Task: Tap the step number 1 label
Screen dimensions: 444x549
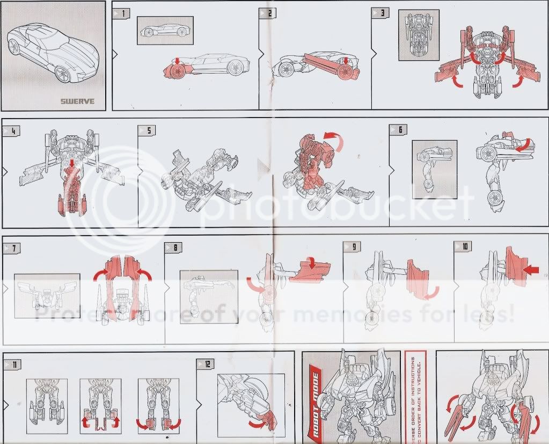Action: (x=122, y=12)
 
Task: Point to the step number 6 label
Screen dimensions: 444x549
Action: (x=399, y=129)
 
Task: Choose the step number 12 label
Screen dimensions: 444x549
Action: (x=207, y=363)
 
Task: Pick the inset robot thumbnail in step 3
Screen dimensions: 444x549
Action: (x=419, y=34)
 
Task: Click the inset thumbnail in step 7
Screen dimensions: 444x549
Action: (x=47, y=295)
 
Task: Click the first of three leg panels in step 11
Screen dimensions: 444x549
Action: (x=47, y=406)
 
